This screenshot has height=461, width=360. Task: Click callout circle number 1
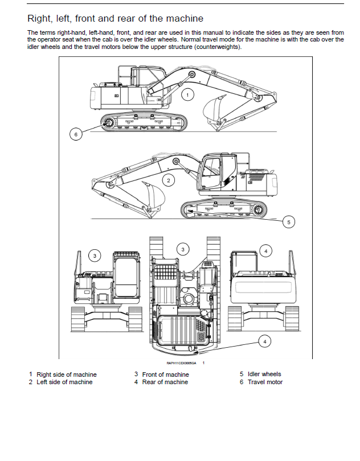(x=187, y=94)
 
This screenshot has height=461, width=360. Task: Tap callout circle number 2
(x=169, y=180)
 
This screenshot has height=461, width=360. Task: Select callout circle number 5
(x=288, y=222)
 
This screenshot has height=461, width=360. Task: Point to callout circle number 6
(x=76, y=134)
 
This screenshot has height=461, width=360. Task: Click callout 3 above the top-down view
(x=183, y=250)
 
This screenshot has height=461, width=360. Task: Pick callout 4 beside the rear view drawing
(x=266, y=252)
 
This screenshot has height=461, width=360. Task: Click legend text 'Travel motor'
(x=265, y=382)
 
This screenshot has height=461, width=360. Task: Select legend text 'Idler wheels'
(x=264, y=374)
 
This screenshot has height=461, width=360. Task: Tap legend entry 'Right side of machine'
(x=67, y=374)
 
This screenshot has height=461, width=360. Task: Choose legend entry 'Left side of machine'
(x=64, y=382)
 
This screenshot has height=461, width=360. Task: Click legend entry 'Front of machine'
(x=165, y=374)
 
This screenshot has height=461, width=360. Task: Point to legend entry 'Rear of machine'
(x=165, y=382)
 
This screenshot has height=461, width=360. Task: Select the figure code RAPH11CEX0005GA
(x=181, y=363)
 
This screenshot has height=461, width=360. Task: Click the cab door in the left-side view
(x=212, y=173)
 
